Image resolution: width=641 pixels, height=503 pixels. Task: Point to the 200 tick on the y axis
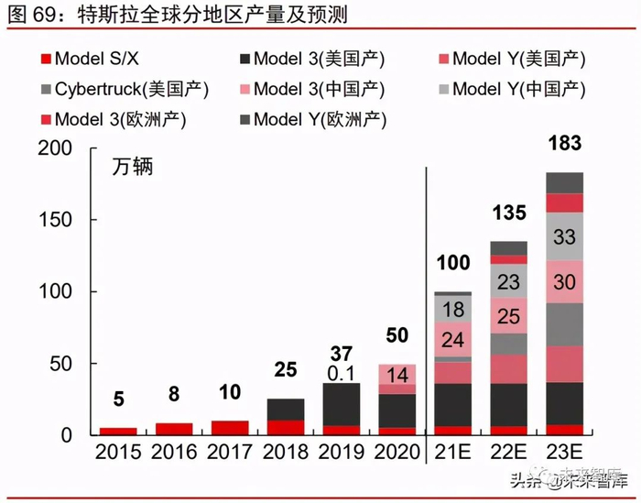click(60, 149)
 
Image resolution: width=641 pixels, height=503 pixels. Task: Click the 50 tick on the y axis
click(66, 365)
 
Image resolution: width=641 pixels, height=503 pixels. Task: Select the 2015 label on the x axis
click(118, 453)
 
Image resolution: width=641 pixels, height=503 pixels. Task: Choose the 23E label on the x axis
click(564, 453)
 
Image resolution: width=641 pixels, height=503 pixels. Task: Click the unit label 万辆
click(133, 168)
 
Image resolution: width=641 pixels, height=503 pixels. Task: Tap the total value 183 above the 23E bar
click(564, 144)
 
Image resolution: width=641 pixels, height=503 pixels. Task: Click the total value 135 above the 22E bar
click(508, 213)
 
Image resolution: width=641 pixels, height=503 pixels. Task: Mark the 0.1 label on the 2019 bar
click(341, 372)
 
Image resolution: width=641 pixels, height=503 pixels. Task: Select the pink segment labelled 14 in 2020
click(397, 374)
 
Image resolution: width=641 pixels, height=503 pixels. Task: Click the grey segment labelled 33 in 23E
click(564, 236)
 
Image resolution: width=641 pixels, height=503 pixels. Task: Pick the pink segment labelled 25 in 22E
click(508, 315)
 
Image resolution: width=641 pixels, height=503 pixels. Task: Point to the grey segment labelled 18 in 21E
click(452, 308)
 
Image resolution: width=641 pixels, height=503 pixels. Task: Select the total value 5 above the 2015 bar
click(118, 399)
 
